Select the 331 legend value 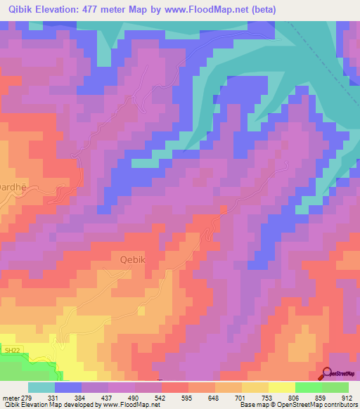click(54, 398)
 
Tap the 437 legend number click(108, 398)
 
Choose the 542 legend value click(162, 398)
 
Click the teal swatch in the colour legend click(41, 388)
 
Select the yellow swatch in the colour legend click(281, 388)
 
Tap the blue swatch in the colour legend click(67, 388)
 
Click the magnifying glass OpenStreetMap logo click(328, 375)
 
